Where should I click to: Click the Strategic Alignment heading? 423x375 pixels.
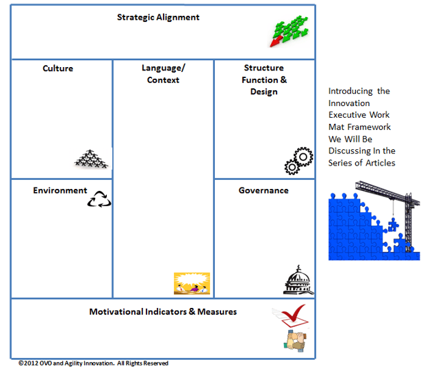pyautogui.click(x=158, y=18)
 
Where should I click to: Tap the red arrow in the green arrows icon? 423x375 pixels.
pyautogui.click(x=276, y=42)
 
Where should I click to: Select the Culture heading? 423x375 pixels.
pyautogui.click(x=57, y=68)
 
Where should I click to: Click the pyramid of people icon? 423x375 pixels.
pyautogui.click(x=91, y=159)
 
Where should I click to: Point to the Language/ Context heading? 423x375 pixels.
pyautogui.click(x=163, y=74)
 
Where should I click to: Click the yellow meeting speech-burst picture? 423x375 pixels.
pyautogui.click(x=192, y=283)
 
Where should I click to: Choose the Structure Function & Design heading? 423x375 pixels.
pyautogui.click(x=264, y=79)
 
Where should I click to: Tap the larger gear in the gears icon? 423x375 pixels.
pyautogui.click(x=303, y=157)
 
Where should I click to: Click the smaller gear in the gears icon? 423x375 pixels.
pyautogui.click(x=292, y=167)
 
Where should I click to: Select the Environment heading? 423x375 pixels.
pyautogui.click(x=60, y=190)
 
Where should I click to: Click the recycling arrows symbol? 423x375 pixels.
pyautogui.click(x=99, y=199)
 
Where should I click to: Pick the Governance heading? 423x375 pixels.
pyautogui.click(x=264, y=190)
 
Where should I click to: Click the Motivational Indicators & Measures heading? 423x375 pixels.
pyautogui.click(x=163, y=312)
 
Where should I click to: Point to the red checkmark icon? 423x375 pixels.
pyautogui.click(x=293, y=313)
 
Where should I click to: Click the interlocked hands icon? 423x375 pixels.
pyautogui.click(x=295, y=341)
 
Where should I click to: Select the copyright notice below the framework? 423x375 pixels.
pyautogui.click(x=93, y=363)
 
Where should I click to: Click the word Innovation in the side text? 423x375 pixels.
pyautogui.click(x=349, y=103)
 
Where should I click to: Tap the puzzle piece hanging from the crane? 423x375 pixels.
pyautogui.click(x=393, y=224)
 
